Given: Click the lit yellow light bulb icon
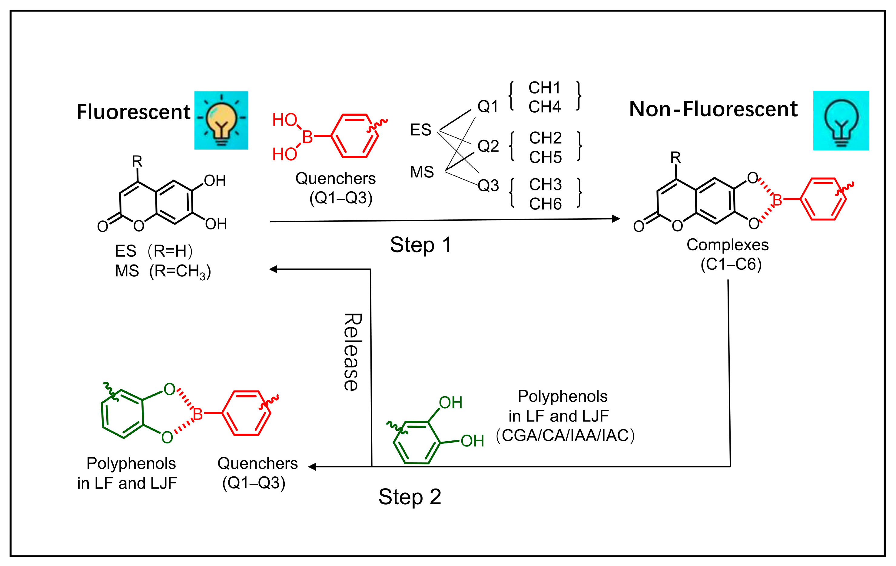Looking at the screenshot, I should [x=221, y=120].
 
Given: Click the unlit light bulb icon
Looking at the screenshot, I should [x=841, y=121].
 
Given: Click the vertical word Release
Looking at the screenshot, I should [x=352, y=352].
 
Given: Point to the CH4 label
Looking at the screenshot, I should [x=544, y=107].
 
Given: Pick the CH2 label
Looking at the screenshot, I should [x=545, y=138].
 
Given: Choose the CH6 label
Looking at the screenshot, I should [x=545, y=204].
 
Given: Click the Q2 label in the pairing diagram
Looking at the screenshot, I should [x=488, y=146].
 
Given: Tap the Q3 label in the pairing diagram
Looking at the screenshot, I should [x=488, y=185].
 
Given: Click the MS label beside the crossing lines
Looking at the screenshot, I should [x=422, y=172].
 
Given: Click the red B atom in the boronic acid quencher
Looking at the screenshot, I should [x=307, y=137].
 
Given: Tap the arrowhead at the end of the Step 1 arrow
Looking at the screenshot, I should [x=616, y=219].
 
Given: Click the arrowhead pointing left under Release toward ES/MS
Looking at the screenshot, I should [x=274, y=269].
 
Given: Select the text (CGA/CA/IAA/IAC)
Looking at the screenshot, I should [x=565, y=436].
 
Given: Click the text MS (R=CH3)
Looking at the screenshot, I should [x=163, y=271].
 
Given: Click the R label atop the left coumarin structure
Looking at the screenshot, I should [x=137, y=161].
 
